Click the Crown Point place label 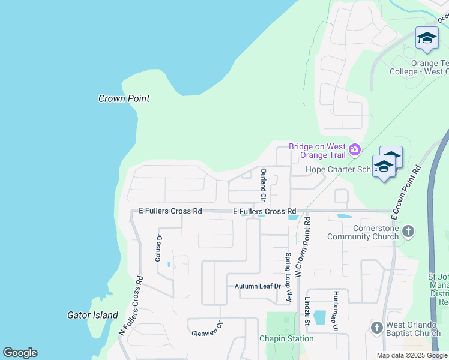pyautogui.click(x=124, y=98)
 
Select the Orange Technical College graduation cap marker pyautogui.click(x=427, y=39)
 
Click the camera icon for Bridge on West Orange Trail pyautogui.click(x=355, y=149)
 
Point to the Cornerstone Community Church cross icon pyautogui.click(x=408, y=231)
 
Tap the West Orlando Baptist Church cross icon pyautogui.click(x=376, y=328)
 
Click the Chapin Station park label pyautogui.click(x=286, y=338)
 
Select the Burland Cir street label pyautogui.click(x=262, y=185)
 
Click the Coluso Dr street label pyautogui.click(x=160, y=247)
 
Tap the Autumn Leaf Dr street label pyautogui.click(x=258, y=286)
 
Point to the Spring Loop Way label pyautogui.click(x=289, y=277)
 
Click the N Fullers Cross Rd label pyautogui.click(x=131, y=305)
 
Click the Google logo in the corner pyautogui.click(x=20, y=353)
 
